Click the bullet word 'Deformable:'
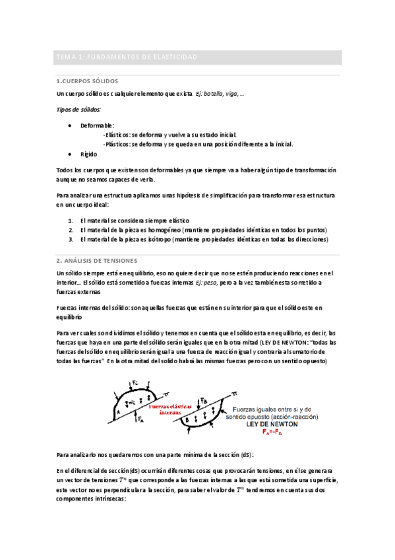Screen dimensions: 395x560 (x=97, y=125)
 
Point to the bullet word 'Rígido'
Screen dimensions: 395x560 (x=88, y=154)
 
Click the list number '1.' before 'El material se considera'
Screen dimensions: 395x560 (x=71, y=220)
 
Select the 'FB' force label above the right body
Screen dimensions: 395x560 (x=204, y=400)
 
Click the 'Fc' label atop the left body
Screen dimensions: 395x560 (x=136, y=383)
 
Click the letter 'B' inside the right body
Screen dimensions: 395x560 (x=189, y=420)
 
